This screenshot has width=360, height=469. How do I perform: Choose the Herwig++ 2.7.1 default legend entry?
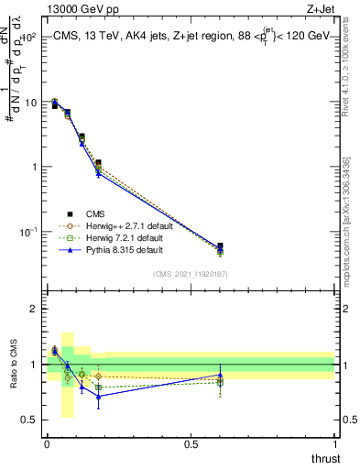(x=123, y=225)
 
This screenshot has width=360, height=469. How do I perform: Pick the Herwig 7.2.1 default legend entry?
(x=121, y=237)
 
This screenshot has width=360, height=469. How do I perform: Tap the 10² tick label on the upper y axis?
(x=28, y=38)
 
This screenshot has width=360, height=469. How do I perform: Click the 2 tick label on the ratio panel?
(x=35, y=309)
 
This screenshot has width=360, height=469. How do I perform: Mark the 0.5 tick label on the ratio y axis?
(x=30, y=420)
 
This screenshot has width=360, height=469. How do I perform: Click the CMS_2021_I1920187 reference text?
(x=191, y=274)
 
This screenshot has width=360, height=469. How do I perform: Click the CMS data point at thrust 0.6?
(x=220, y=246)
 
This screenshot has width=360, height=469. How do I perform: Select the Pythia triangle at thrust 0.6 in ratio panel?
(x=220, y=375)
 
